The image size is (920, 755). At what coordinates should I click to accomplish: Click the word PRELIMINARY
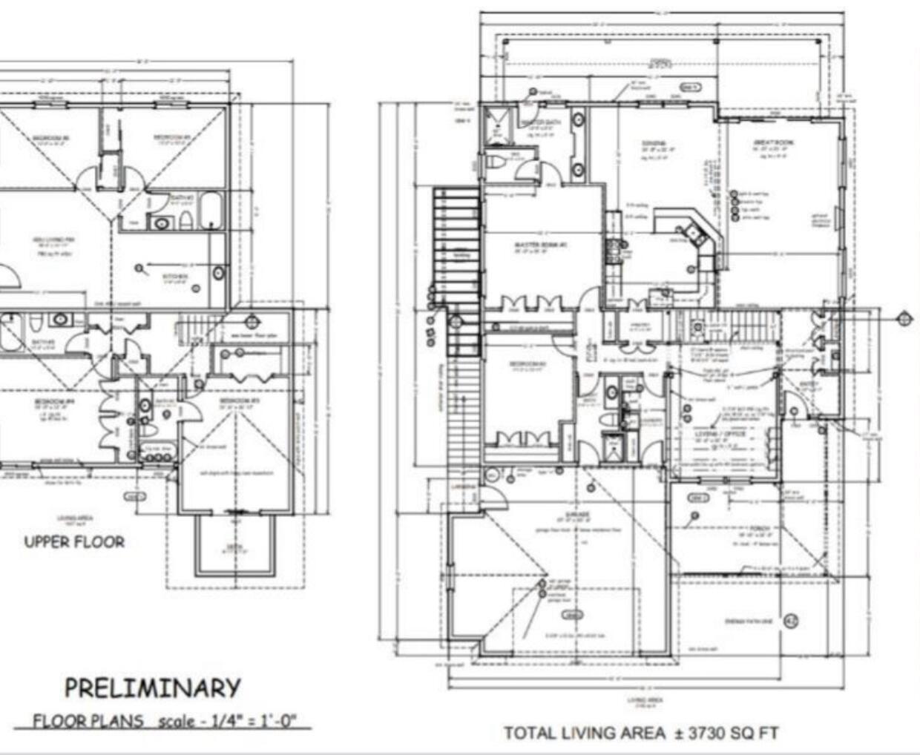coord(152,688)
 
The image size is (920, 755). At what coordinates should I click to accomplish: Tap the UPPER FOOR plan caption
coord(74,542)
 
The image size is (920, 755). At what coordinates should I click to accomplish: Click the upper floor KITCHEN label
coord(175,277)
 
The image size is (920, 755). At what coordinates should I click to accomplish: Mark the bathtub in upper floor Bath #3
coord(211,211)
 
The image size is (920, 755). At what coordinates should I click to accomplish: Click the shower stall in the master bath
coord(493,125)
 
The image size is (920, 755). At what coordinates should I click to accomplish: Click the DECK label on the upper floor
coord(236,547)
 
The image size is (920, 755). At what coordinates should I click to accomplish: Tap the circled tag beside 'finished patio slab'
coord(791,619)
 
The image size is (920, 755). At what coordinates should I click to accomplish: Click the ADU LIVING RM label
coord(50,239)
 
